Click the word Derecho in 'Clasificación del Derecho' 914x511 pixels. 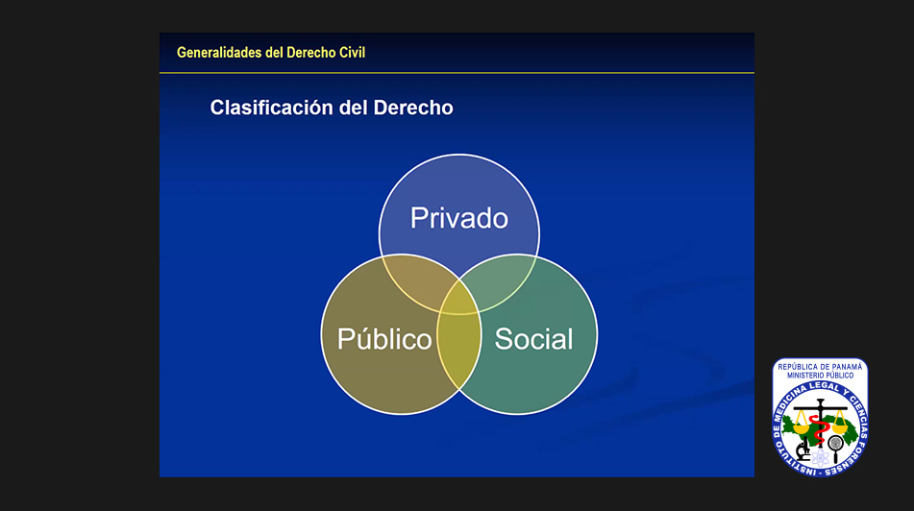point(413,108)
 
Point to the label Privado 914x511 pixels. point(459,218)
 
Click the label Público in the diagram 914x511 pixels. point(384,338)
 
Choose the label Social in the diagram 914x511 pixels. point(534,338)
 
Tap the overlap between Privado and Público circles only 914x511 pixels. point(415,282)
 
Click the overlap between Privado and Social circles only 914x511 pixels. point(503,282)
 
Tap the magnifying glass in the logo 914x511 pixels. point(836,448)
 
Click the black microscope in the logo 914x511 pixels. point(803,449)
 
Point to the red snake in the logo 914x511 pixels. point(820,430)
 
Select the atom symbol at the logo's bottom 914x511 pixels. point(820,457)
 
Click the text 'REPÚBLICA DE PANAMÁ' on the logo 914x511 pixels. point(820,367)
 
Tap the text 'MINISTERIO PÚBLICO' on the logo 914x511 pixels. point(820,376)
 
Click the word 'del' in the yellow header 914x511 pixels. point(274,53)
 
